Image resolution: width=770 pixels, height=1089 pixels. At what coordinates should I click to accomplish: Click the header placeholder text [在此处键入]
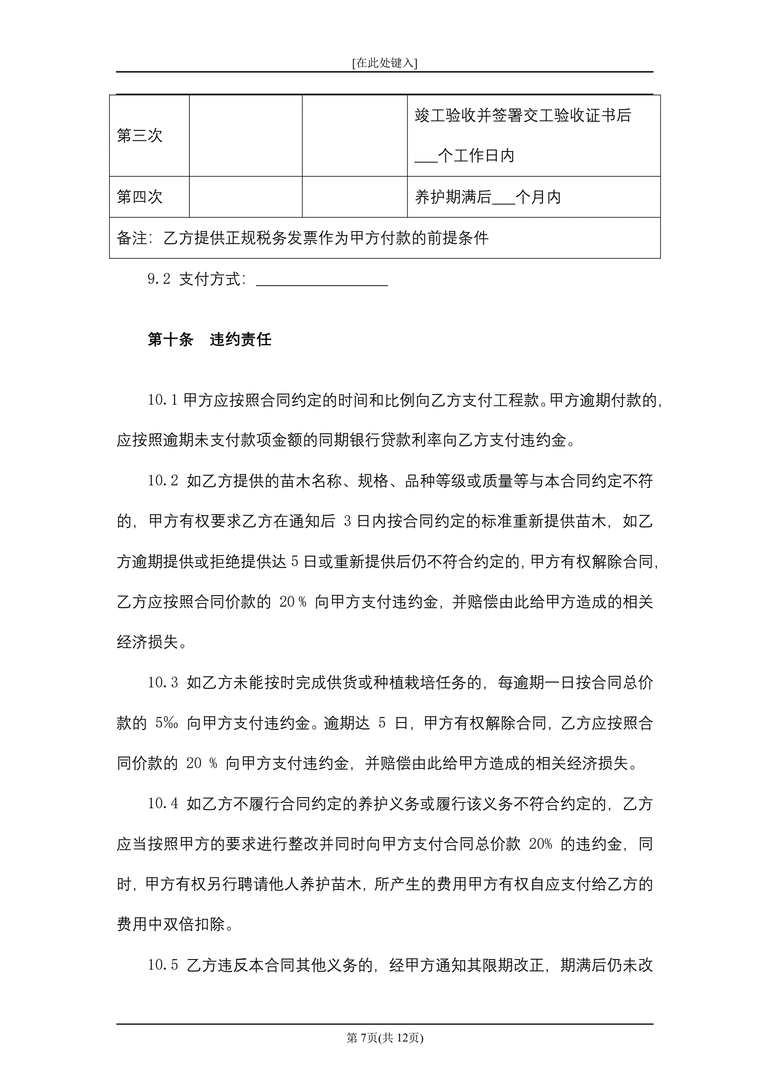click(x=384, y=63)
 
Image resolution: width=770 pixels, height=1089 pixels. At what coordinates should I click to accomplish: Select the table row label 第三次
click(x=139, y=136)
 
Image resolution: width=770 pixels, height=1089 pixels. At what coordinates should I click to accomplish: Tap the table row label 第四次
click(x=139, y=197)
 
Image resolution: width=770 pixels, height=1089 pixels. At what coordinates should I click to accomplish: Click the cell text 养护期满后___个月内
click(x=487, y=197)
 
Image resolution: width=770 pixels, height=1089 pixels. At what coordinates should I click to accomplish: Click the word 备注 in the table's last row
click(x=132, y=238)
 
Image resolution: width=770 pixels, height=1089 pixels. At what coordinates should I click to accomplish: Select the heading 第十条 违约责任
click(x=209, y=340)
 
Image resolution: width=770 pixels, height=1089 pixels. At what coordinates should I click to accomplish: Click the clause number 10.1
click(x=162, y=400)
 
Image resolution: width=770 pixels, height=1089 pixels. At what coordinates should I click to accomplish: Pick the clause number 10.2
click(x=162, y=481)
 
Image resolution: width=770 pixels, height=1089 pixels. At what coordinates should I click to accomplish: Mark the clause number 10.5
click(x=162, y=965)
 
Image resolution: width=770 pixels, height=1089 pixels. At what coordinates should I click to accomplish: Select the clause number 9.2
click(x=158, y=279)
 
